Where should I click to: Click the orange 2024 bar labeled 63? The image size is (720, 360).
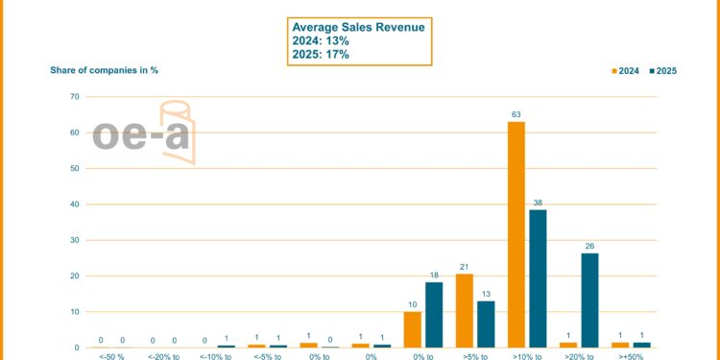point(516,234)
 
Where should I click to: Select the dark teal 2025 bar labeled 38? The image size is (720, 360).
point(538,278)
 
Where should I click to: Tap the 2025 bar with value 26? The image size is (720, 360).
point(589,300)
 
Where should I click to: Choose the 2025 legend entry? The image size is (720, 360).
point(663,70)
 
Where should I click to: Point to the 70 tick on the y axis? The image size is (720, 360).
point(74,97)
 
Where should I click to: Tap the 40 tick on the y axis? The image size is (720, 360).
point(74,204)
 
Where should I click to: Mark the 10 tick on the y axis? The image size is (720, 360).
point(74,312)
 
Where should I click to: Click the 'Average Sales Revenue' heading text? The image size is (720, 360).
point(359,27)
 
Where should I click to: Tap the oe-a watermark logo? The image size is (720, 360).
point(144,132)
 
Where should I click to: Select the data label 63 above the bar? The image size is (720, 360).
point(516,114)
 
